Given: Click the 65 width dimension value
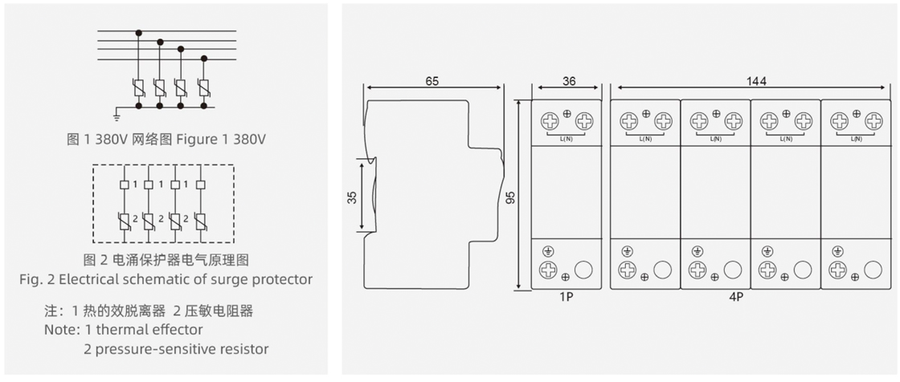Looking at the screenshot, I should (432, 81).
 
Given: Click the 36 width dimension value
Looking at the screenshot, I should (569, 81).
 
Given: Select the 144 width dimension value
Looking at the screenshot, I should (756, 81).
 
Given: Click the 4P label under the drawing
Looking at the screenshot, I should (756, 296).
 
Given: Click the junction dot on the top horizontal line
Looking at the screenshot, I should (139, 33).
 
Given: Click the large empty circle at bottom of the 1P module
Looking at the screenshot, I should (584, 270).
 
